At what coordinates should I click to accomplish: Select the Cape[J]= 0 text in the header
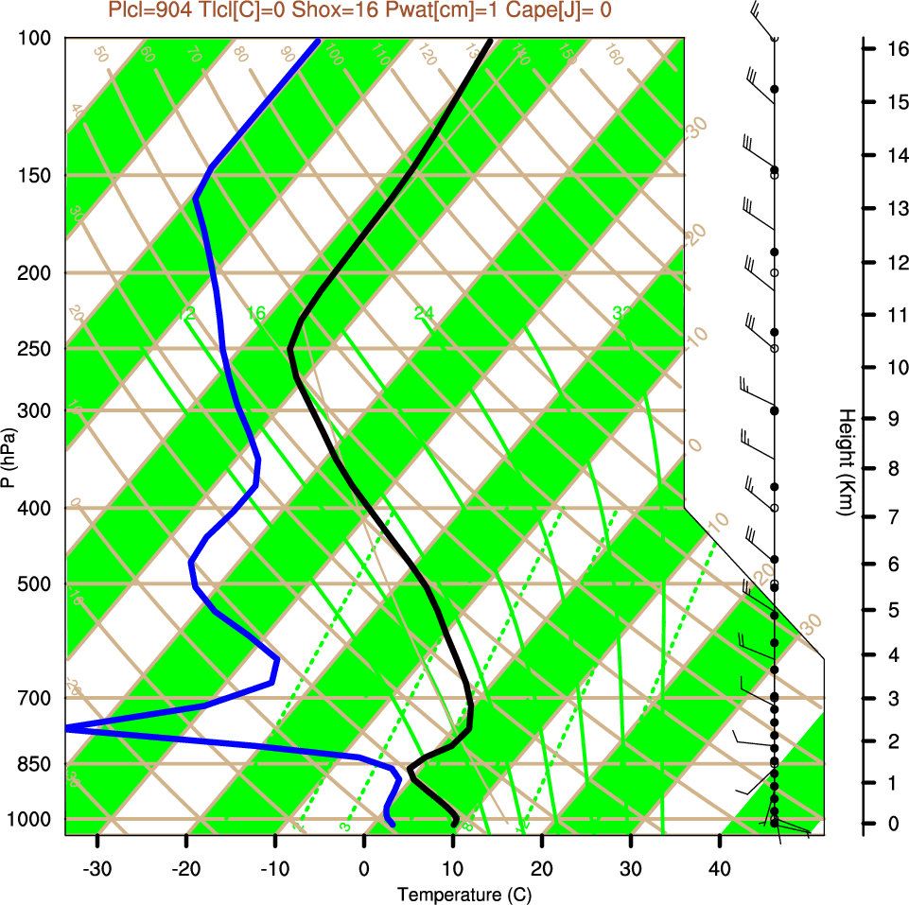tap(562, 9)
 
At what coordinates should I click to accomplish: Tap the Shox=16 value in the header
tap(354, 9)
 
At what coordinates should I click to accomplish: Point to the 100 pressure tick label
tap(38, 38)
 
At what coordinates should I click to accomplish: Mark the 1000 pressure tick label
tap(34, 818)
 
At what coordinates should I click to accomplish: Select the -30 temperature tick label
tap(97, 868)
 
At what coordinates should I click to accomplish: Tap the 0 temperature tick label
tap(364, 868)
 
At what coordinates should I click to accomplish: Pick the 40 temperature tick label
tap(720, 868)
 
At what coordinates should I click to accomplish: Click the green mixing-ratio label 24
tap(424, 313)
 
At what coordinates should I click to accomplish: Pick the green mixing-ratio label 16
tap(256, 313)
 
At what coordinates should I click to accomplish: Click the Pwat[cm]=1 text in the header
tap(448, 9)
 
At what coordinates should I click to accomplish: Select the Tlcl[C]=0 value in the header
tap(256, 9)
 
